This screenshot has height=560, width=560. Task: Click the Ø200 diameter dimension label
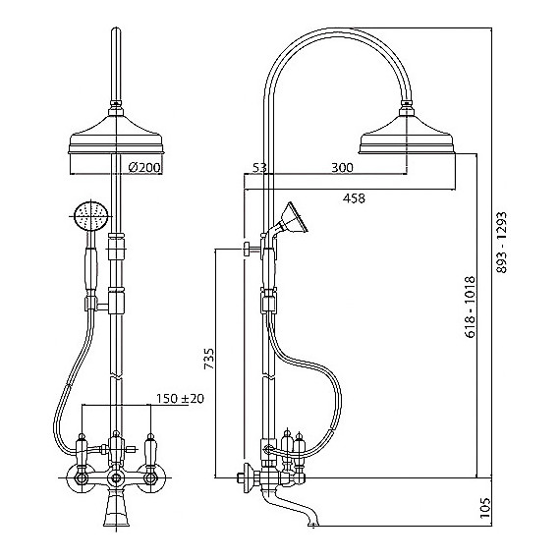(144, 167)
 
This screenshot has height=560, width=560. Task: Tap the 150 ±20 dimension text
(180, 398)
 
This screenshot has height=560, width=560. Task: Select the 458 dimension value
(354, 198)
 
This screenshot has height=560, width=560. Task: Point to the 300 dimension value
(342, 167)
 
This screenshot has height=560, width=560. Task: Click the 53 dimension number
(259, 167)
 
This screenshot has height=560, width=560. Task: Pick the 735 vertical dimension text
(209, 359)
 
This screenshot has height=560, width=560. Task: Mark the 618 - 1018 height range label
(471, 307)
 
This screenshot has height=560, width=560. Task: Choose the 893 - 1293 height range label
(502, 242)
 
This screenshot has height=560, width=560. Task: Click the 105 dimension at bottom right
(484, 508)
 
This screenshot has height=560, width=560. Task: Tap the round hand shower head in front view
(91, 216)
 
